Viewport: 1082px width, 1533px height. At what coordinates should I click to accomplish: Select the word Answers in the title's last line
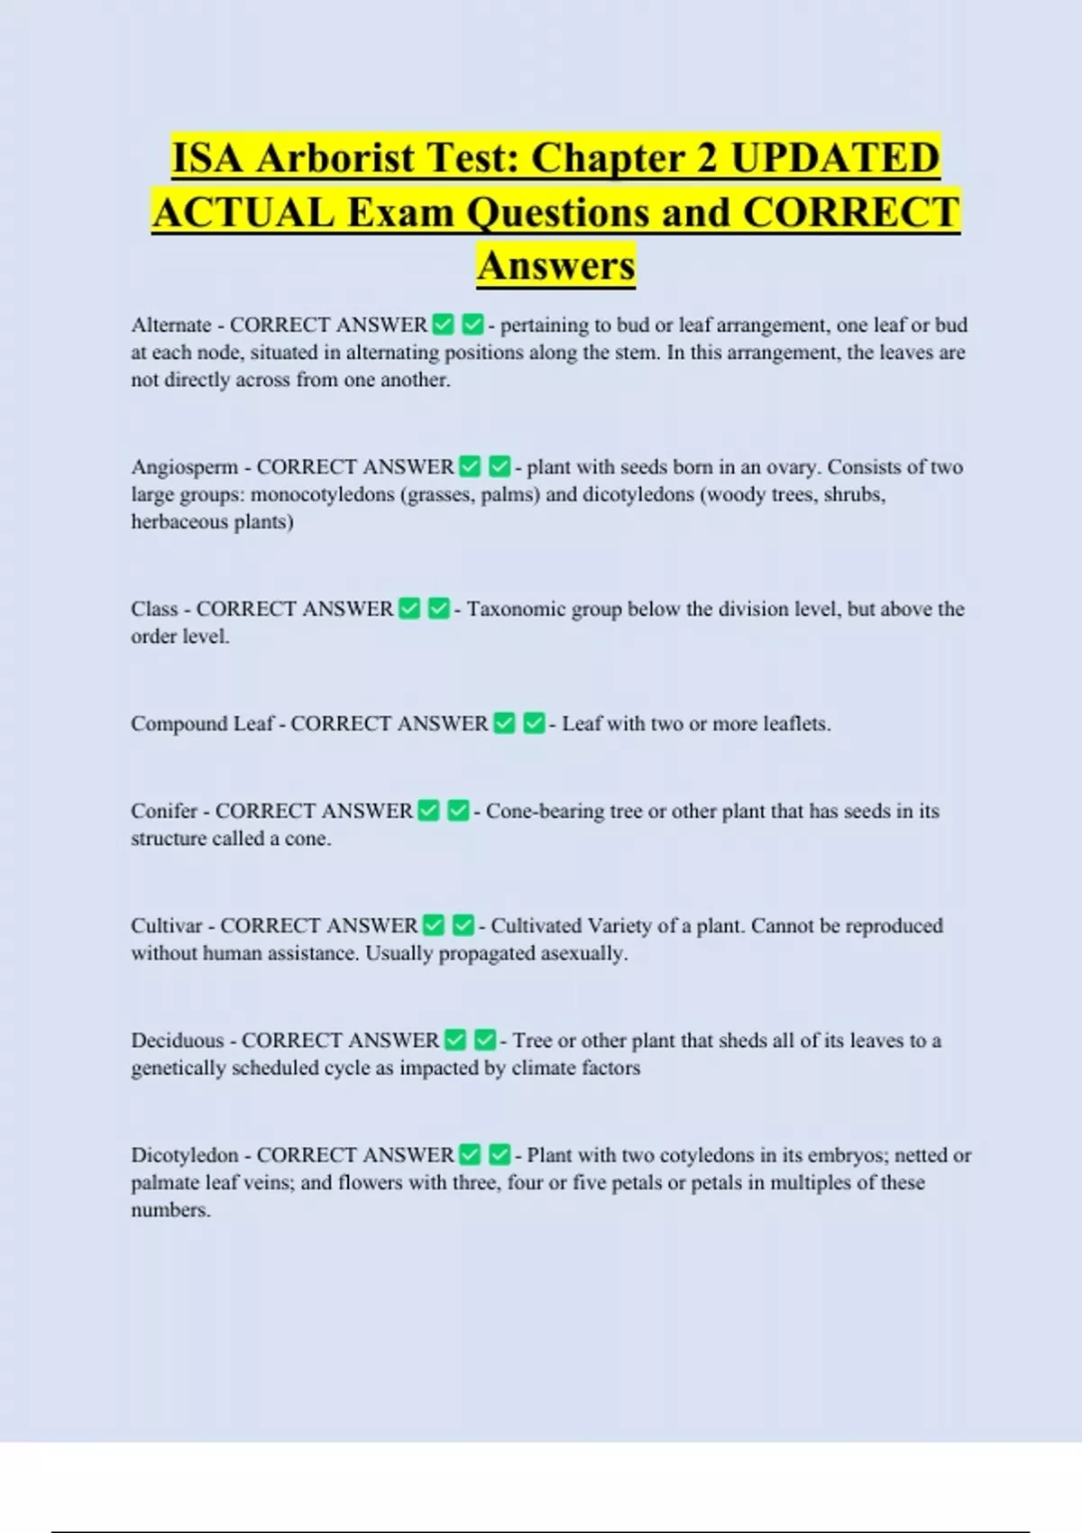pos(556,265)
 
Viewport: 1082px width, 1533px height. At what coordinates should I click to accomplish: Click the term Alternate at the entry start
pos(171,325)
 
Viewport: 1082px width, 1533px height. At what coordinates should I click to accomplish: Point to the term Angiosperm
pos(185,467)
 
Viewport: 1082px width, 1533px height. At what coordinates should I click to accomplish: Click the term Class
pos(154,609)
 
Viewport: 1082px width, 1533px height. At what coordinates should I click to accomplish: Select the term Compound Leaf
pos(202,723)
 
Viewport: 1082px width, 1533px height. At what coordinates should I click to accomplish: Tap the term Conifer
pos(164,811)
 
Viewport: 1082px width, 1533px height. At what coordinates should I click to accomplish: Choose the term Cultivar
pos(167,925)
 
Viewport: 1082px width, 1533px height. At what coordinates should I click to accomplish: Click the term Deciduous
pos(178,1040)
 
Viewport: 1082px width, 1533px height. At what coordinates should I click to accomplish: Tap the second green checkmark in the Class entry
pos(438,609)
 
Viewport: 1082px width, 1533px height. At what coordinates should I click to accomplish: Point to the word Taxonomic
pos(516,609)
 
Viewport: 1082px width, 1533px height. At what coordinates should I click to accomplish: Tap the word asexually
pos(582,953)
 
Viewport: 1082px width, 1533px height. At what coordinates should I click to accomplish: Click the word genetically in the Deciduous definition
pos(179,1068)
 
